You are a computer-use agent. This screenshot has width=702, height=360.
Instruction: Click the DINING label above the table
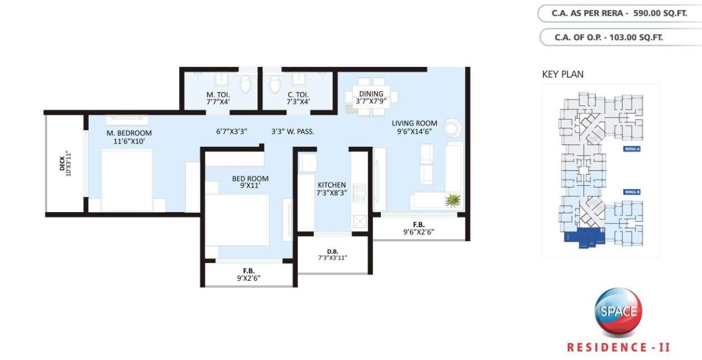[x=371, y=94]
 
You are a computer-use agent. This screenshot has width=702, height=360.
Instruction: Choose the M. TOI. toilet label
[x=218, y=95]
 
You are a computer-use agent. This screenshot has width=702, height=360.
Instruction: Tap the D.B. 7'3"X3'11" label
[x=332, y=255]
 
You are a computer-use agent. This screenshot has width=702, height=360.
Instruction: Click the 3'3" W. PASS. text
[x=293, y=132]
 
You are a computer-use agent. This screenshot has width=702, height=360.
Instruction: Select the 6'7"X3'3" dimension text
[x=231, y=132]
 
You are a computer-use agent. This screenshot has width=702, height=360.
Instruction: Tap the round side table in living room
[x=452, y=128]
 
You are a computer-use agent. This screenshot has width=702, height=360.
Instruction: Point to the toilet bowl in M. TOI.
[x=245, y=84]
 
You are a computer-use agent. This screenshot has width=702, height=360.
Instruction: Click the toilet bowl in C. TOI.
[x=274, y=84]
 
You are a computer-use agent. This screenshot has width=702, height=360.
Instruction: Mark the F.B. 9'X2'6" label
[x=249, y=273]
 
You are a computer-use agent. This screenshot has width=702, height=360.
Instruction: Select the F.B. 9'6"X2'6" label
[x=418, y=227]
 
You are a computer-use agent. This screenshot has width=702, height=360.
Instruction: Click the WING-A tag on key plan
[x=631, y=149]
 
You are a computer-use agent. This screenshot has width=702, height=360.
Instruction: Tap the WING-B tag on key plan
[x=631, y=192]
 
